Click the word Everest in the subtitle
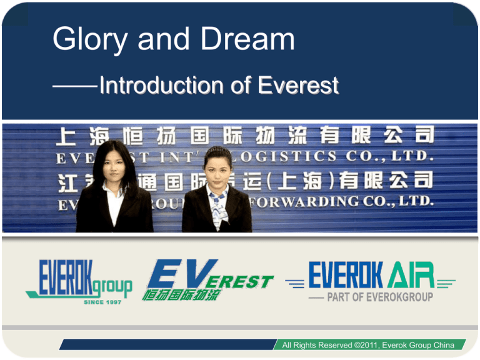click(x=299, y=85)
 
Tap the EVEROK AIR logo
click(x=371, y=276)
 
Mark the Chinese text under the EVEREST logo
click(x=182, y=294)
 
